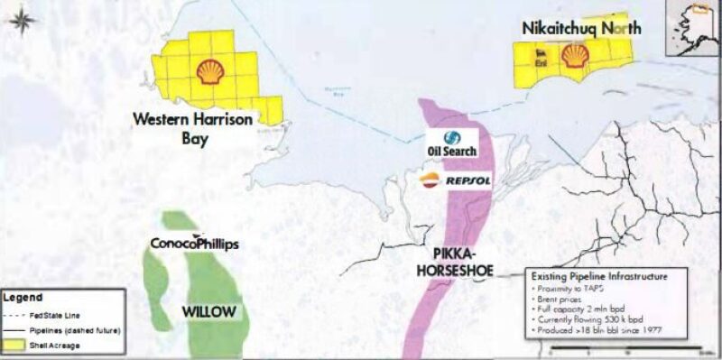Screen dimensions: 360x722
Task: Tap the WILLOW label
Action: pyautogui.click(x=208, y=312)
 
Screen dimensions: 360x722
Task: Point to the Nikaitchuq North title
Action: pyautogui.click(x=581, y=28)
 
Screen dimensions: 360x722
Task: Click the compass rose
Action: pyautogui.click(x=25, y=20)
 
